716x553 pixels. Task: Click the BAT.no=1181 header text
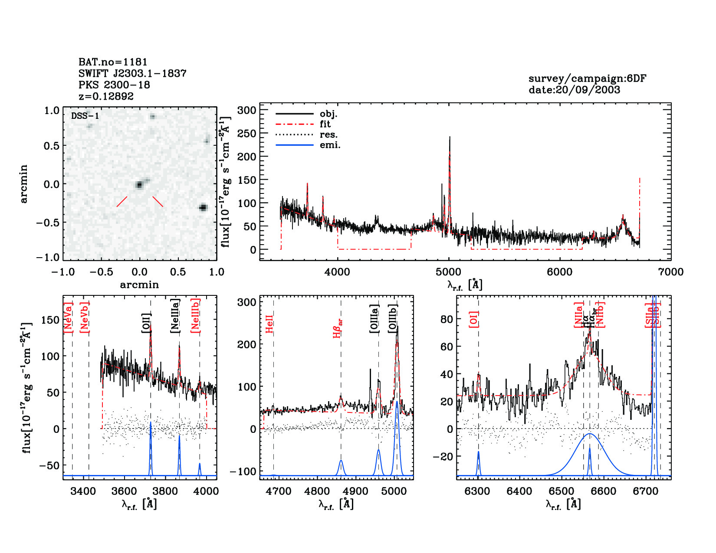coord(113,62)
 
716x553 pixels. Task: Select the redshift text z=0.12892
coord(106,96)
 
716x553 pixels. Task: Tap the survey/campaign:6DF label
coord(587,79)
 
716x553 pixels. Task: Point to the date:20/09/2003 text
coord(574,90)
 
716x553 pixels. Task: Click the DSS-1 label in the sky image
coord(85,116)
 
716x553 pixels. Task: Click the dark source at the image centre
coord(139,185)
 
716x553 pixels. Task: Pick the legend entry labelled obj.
coord(328,114)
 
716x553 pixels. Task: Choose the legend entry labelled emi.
coord(330,145)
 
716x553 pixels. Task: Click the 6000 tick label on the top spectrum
coord(559,272)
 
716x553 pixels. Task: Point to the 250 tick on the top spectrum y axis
coord(246,134)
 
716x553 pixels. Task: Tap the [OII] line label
coord(146,323)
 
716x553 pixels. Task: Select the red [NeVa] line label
coord(68,317)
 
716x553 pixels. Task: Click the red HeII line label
coord(269,324)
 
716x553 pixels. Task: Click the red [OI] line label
coord(473,319)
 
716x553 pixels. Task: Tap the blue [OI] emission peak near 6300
coord(479,452)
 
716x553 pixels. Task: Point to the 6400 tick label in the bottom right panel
coord(519,491)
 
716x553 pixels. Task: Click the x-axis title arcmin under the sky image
coord(139,285)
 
